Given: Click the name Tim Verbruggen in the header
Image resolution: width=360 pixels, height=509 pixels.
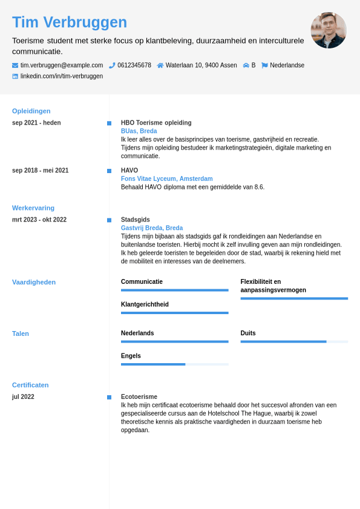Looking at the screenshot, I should point(70,22).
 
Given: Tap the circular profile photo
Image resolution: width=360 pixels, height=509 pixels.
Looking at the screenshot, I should point(329,30).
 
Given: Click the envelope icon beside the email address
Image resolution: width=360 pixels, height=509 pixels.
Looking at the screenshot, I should point(15,65).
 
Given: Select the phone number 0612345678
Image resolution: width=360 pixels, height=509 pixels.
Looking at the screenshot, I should point(134,65).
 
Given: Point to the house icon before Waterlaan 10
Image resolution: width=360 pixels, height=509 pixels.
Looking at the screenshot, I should point(160,65).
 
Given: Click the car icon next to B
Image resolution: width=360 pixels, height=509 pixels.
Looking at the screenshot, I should point(246,65).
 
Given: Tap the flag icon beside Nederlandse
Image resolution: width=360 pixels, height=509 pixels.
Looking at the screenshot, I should point(264,65).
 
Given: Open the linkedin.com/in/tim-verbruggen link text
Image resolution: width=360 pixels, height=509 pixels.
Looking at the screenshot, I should point(62,76).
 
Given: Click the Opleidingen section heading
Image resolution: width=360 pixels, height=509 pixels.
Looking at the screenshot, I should point(31,111).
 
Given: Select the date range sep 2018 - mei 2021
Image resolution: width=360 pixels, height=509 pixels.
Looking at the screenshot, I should point(40,171).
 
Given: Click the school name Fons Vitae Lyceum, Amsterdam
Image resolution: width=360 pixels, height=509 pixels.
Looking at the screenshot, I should point(167,179).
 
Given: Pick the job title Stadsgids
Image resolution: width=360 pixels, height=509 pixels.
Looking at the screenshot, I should point(136,220).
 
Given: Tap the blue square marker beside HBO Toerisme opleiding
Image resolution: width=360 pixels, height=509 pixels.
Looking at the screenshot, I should point(109,123).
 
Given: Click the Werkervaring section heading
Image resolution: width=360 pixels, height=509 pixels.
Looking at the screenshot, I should point(33,208).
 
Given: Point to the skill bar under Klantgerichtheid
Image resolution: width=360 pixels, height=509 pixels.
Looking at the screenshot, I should point(175,313).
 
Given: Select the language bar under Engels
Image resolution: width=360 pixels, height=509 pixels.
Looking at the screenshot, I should point(175,364).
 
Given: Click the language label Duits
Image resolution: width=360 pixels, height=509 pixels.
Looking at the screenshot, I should point(248,333).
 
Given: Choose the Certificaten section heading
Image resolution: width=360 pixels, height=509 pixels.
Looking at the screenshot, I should point(30,385).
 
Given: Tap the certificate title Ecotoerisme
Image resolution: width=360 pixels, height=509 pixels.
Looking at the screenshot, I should point(139,397).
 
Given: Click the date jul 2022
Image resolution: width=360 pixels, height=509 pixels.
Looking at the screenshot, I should point(23,397).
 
